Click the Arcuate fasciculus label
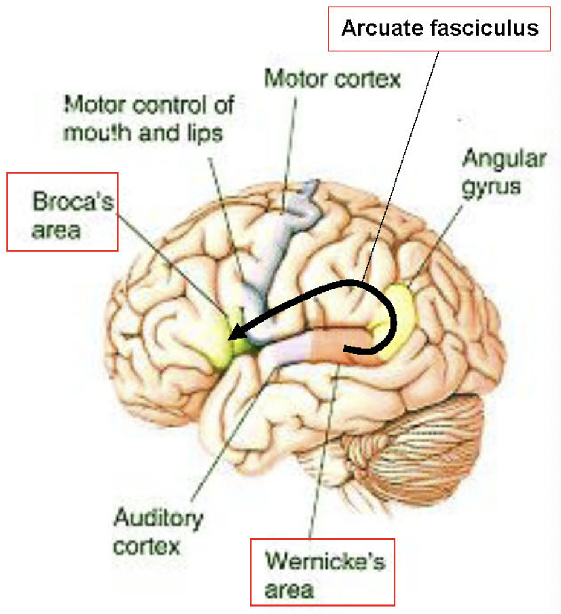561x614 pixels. (439, 28)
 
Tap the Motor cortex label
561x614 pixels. (333, 79)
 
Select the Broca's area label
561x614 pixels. (62, 212)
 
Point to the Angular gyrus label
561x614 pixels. (503, 172)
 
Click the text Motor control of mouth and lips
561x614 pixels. (148, 118)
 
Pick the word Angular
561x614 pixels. (504, 159)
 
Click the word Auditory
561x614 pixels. (158, 519)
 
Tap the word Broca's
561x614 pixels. (73, 201)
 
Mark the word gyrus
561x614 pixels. (491, 186)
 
